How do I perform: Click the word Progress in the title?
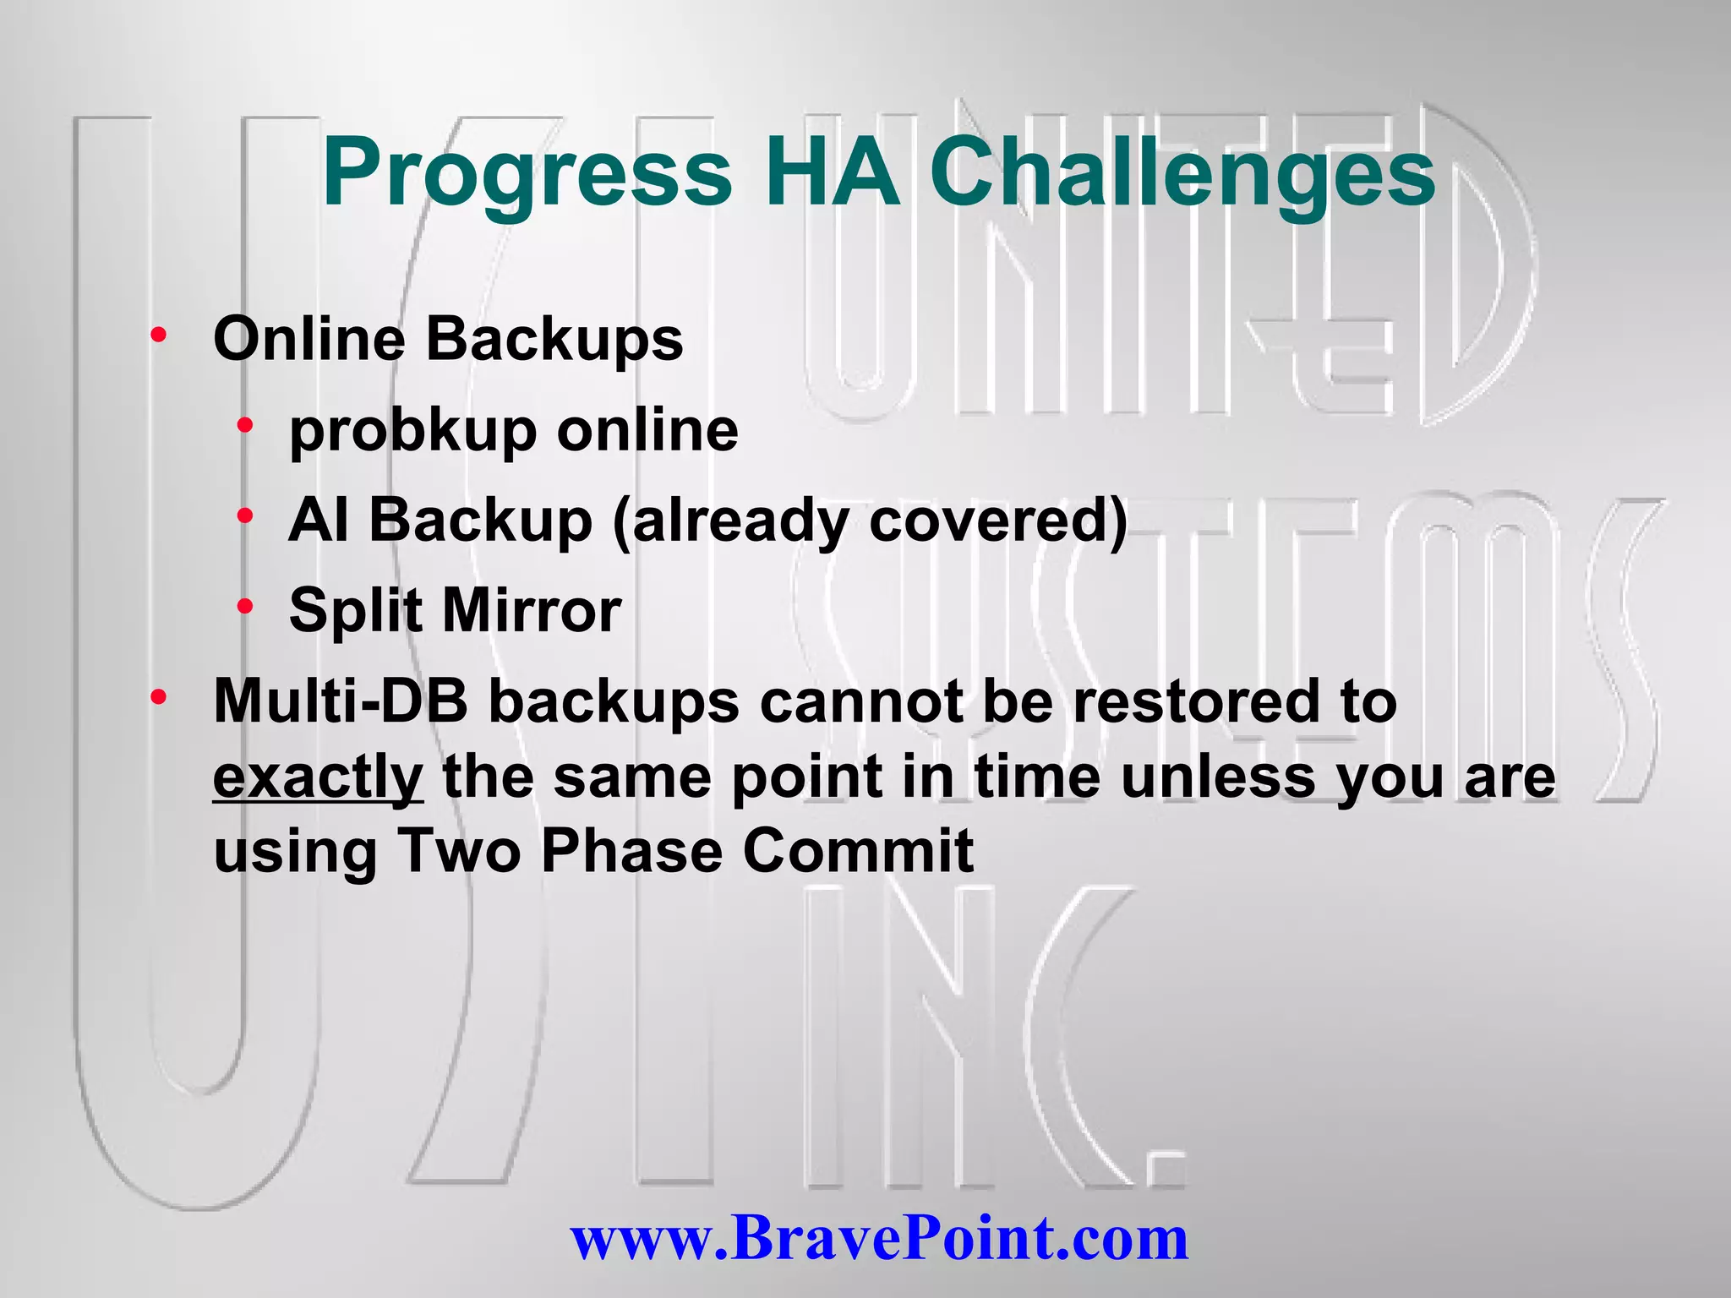point(527,173)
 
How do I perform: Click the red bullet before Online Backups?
point(158,336)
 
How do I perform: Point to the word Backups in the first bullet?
point(554,339)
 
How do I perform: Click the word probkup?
point(412,431)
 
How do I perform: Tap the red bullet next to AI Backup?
point(246,515)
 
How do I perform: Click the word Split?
point(355,610)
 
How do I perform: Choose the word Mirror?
point(532,610)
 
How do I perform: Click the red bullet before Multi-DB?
point(158,698)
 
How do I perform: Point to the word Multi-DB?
point(341,701)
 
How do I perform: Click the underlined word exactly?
point(318,777)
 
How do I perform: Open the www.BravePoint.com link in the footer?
point(879,1238)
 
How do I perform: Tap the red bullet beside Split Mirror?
point(246,605)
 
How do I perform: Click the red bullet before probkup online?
point(246,425)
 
